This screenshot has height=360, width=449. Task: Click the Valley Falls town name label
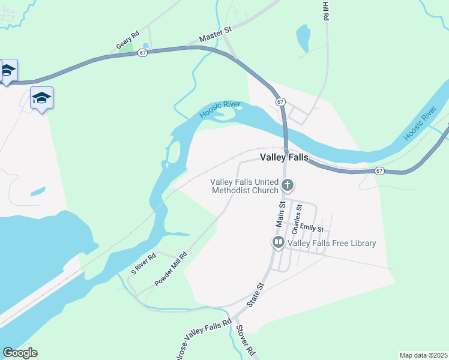tap(284, 157)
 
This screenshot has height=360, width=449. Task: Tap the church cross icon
tap(288, 185)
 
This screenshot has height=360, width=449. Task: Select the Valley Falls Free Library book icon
tap(279, 243)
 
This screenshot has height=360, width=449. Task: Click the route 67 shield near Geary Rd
tap(142, 53)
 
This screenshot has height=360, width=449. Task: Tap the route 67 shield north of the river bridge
tap(280, 102)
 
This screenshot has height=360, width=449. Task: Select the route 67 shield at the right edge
tap(379, 171)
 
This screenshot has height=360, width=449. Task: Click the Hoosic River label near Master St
tap(220, 109)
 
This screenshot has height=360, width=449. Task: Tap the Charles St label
tap(296, 219)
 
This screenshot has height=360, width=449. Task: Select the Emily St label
tap(312, 229)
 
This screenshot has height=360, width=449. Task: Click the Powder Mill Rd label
tap(171, 268)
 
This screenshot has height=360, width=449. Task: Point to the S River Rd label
tap(144, 264)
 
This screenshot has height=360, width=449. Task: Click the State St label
tap(256, 295)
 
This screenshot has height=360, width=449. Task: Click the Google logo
tap(20, 353)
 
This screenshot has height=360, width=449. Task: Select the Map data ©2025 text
tap(423, 355)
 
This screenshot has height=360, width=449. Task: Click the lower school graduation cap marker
tap(41, 98)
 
